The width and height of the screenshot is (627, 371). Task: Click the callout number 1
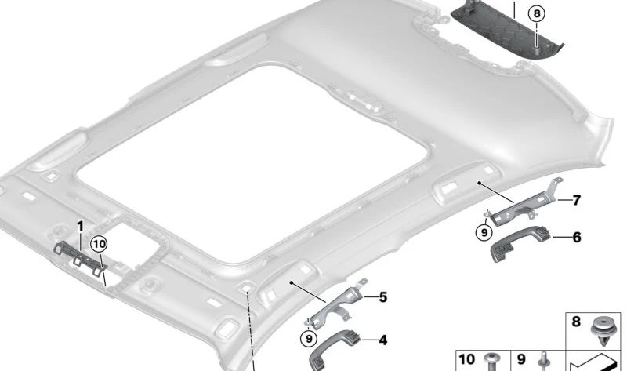(x=80, y=227)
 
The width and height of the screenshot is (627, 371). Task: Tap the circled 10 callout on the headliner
(x=99, y=245)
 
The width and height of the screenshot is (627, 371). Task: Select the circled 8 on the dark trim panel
(x=535, y=13)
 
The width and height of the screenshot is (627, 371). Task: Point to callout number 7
(x=576, y=201)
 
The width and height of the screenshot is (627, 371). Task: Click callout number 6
(x=576, y=236)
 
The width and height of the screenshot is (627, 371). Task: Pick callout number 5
(x=382, y=298)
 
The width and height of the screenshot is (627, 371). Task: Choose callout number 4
(x=382, y=340)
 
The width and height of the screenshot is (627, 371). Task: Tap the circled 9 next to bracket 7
(x=484, y=231)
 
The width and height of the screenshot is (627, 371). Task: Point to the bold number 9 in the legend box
(x=521, y=359)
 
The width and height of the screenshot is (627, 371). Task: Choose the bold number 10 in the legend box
(x=467, y=359)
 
